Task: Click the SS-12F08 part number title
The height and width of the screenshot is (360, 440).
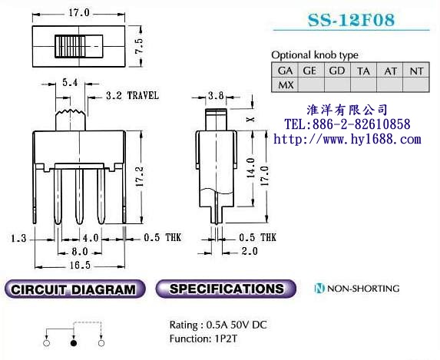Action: pyautogui.click(x=351, y=20)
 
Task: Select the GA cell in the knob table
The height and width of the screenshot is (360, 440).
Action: pyautogui.click(x=286, y=71)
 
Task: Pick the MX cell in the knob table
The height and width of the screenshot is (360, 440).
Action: pyautogui.click(x=286, y=84)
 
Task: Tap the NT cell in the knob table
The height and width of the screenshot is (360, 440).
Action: pyautogui.click(x=416, y=71)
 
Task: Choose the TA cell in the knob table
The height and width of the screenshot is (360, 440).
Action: pyautogui.click(x=363, y=71)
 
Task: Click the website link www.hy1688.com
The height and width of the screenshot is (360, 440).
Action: pyautogui.click(x=347, y=139)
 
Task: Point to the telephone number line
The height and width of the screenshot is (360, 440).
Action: pyautogui.click(x=347, y=124)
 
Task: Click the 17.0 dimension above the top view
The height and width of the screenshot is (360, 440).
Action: pyautogui.click(x=78, y=13)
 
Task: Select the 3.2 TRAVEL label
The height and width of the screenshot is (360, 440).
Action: pyautogui.click(x=132, y=96)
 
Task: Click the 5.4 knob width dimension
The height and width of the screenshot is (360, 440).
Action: pyautogui.click(x=68, y=81)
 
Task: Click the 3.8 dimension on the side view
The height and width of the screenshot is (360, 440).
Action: pyautogui.click(x=216, y=97)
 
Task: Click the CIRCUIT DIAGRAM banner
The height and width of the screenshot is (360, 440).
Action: pyautogui.click(x=74, y=290)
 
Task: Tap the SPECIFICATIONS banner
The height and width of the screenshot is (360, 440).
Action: pyautogui.click(x=226, y=289)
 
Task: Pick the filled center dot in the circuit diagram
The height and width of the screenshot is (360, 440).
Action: pyautogui.click(x=74, y=344)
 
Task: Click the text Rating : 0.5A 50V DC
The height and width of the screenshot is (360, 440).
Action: pyautogui.click(x=218, y=324)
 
